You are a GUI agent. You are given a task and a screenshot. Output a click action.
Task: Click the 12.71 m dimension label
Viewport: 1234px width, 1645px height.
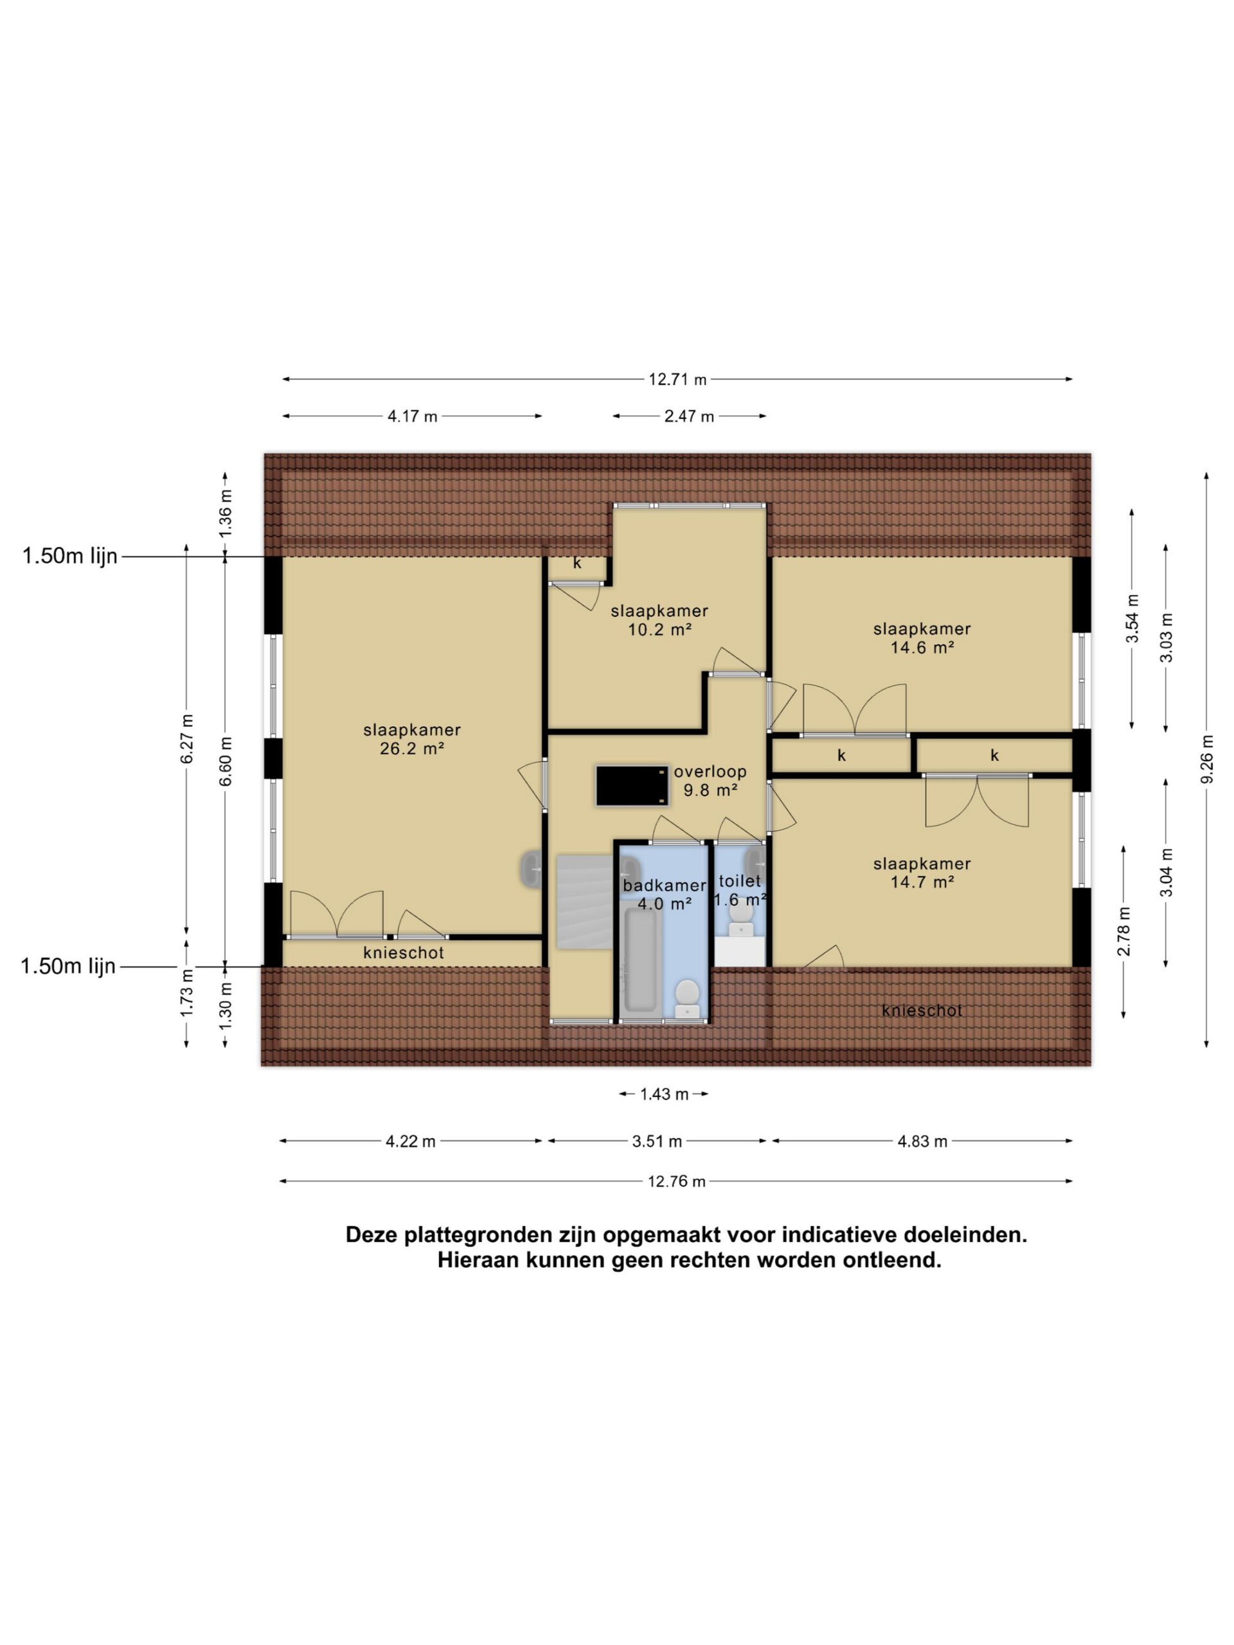point(677,379)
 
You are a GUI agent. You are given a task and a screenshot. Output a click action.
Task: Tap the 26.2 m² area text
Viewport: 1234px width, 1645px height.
point(412,749)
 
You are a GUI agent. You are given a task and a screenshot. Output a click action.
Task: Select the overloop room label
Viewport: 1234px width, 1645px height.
point(710,772)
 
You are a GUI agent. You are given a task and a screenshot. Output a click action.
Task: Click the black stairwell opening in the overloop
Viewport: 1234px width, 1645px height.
point(632,785)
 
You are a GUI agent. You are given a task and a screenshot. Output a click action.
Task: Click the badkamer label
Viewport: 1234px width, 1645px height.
point(664,885)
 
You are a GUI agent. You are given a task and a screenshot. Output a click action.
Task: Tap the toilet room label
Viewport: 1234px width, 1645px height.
point(739,881)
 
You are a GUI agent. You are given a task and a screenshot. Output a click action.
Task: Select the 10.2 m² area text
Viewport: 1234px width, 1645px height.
point(661,629)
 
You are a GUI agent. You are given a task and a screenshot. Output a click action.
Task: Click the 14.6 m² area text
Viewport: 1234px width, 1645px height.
point(922,647)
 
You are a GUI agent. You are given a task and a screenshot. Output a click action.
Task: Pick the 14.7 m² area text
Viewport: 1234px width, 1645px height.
point(922,882)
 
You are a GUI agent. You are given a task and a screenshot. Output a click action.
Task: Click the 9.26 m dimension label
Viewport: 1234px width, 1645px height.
point(1206,758)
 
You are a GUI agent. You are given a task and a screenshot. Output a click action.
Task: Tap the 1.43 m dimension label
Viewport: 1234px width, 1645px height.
point(664,1094)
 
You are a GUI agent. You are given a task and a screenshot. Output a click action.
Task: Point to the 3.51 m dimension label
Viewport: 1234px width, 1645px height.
point(657,1141)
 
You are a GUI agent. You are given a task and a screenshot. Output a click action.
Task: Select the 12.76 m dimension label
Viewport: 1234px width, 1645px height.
point(676,1182)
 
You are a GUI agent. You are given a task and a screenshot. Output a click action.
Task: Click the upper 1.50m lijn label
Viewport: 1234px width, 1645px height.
point(70,556)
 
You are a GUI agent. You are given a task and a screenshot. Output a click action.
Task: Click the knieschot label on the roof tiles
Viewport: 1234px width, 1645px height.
point(922,1011)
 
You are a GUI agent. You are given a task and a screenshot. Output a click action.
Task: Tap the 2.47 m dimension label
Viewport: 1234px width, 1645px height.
point(689,416)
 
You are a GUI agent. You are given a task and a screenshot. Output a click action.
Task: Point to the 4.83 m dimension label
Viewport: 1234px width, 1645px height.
point(922,1141)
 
